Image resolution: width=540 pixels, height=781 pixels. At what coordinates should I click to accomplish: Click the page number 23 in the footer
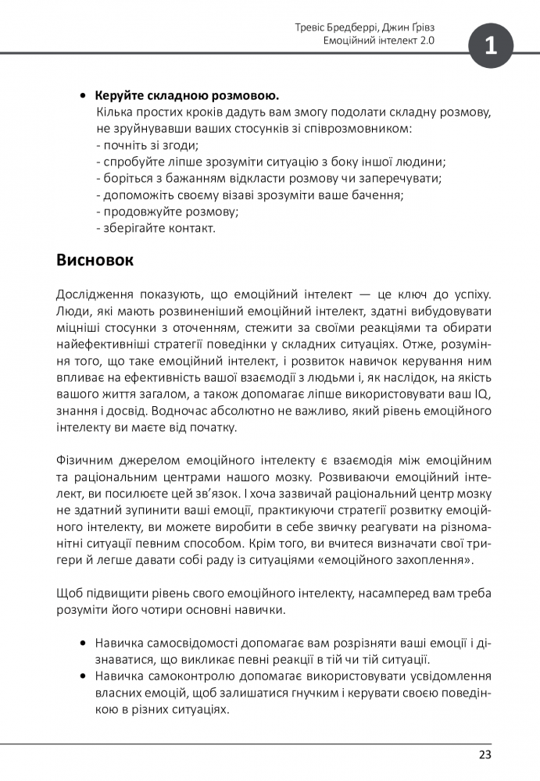(x=485, y=754)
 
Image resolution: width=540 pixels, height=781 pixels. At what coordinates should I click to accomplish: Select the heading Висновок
(x=95, y=260)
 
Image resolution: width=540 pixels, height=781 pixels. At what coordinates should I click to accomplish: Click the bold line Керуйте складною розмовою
(x=187, y=96)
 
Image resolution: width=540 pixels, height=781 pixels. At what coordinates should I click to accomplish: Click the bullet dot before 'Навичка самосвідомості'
(x=83, y=644)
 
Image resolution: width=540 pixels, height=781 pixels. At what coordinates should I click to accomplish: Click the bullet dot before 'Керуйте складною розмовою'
(x=83, y=96)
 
